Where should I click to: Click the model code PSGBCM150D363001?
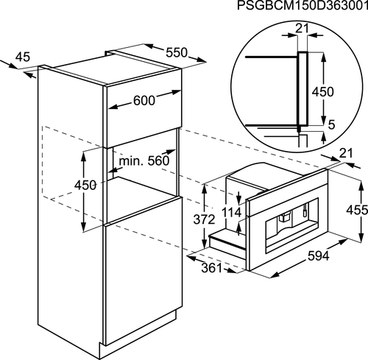pyautogui.click(x=302, y=6)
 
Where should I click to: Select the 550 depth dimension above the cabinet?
pyautogui.click(x=177, y=52)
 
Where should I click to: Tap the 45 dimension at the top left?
pyautogui.click(x=23, y=57)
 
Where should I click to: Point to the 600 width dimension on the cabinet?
pyautogui.click(x=144, y=100)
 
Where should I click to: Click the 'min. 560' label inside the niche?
pyautogui.click(x=144, y=161)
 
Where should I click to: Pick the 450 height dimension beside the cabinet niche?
pyautogui.click(x=85, y=185)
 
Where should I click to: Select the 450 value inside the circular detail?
pyautogui.click(x=322, y=92)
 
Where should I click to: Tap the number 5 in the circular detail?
pyautogui.click(x=331, y=125)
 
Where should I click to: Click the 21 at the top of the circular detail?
pyautogui.click(x=302, y=29)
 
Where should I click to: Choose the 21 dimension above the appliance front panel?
pyautogui.click(x=346, y=153)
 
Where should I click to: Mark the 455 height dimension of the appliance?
pyautogui.click(x=357, y=210)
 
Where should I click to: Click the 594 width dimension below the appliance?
pyautogui.click(x=318, y=256)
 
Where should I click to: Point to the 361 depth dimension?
pyautogui.click(x=211, y=268)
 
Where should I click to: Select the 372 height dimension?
pyautogui.click(x=204, y=219)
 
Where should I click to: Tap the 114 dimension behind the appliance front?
pyautogui.click(x=231, y=212)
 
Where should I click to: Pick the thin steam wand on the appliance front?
pyautogui.click(x=305, y=210)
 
